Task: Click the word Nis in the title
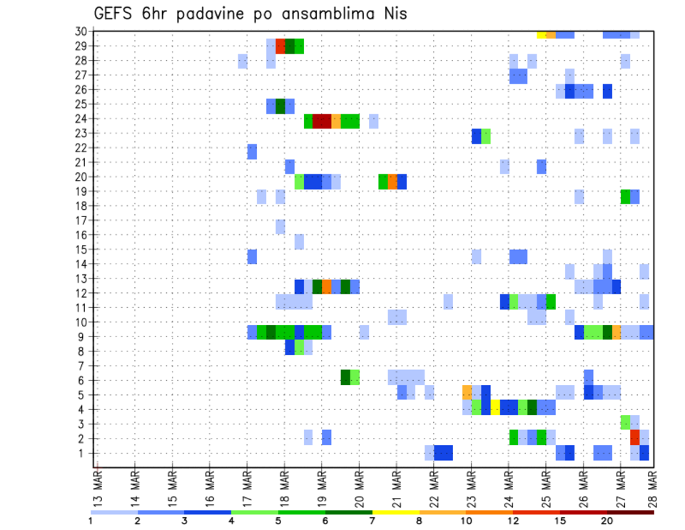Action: pyautogui.click(x=392, y=14)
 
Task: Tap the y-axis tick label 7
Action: pyautogui.click(x=83, y=366)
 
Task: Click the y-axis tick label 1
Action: pyautogui.click(x=83, y=453)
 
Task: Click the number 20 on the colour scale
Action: pyautogui.click(x=607, y=521)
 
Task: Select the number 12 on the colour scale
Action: pyautogui.click(x=513, y=521)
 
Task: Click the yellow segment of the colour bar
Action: pyautogui.click(x=396, y=512)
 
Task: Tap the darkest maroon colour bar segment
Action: pyautogui.click(x=631, y=512)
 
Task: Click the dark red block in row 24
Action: pyautogui.click(x=321, y=120)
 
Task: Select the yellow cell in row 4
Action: pyautogui.click(x=495, y=407)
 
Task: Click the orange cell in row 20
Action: pyautogui.click(x=392, y=181)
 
